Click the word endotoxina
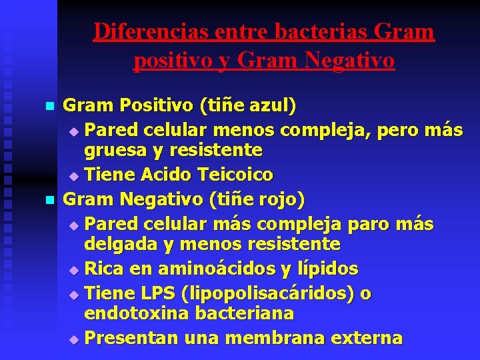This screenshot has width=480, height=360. click(133, 313)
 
